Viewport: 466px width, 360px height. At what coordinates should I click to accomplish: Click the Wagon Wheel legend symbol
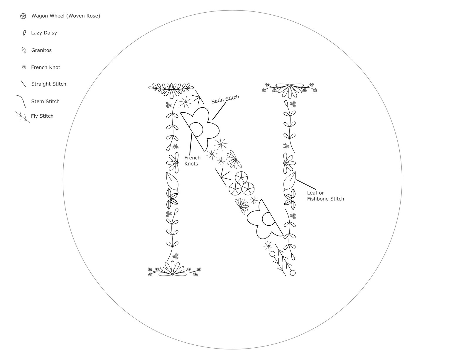(x=23, y=16)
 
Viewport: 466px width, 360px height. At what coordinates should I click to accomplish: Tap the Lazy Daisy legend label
(x=44, y=33)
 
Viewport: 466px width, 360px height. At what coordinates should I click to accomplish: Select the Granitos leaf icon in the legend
(x=24, y=50)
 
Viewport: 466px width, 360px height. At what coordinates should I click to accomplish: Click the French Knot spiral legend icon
(x=24, y=67)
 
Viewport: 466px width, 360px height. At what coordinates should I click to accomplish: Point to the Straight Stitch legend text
(x=49, y=84)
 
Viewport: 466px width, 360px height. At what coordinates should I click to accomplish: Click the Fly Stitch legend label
(x=42, y=116)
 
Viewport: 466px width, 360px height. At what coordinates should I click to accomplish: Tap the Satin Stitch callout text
(x=225, y=99)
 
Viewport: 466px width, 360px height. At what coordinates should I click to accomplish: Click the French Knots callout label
(x=192, y=161)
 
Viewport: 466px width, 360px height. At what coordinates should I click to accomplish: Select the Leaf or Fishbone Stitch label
(x=325, y=196)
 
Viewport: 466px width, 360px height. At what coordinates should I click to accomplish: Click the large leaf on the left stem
(x=172, y=181)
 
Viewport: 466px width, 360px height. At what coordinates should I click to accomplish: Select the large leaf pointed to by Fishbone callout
(x=289, y=181)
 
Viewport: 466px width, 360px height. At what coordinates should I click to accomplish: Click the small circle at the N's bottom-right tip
(x=293, y=273)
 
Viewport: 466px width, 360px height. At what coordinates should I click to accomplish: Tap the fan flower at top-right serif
(x=289, y=91)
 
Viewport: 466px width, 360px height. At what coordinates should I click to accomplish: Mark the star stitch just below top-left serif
(x=185, y=102)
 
